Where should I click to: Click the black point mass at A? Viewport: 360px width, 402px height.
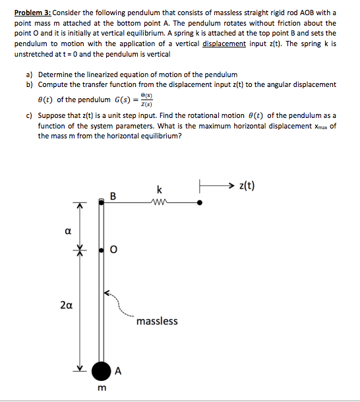101,371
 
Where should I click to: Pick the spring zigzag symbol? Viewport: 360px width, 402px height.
160,204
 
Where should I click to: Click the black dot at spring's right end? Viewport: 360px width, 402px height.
200,204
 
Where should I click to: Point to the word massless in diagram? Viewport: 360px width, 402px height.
158,321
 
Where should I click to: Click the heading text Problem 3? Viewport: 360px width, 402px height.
27,13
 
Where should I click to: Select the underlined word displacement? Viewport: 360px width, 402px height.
224,43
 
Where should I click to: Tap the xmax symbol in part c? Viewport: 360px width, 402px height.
318,126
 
